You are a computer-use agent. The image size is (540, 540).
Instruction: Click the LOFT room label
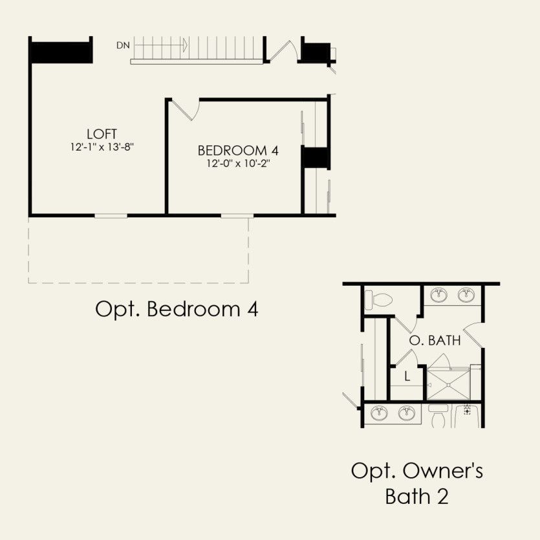pos(102,134)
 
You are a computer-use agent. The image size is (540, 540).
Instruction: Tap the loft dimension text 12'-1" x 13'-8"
pos(102,147)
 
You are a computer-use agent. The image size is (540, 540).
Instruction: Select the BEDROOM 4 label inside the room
pos(238,151)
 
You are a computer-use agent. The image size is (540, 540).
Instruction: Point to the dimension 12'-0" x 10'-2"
pos(238,163)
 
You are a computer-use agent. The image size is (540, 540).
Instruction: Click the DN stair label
pos(123,45)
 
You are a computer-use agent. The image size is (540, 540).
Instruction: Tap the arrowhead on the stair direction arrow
pos(185,45)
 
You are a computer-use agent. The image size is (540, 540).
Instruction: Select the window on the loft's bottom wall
pos(111,216)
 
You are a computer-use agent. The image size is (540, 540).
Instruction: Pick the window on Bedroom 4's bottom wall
pos(237,216)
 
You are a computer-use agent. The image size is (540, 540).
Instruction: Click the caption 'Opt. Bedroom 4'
pos(177,309)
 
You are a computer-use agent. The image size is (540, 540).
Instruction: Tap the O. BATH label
pos(435,340)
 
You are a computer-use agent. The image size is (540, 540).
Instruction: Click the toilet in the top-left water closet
pos(378,299)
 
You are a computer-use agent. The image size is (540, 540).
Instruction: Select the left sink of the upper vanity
pos(439,295)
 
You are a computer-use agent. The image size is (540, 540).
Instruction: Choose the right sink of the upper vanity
pos(466,295)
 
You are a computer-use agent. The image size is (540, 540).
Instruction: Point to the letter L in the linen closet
pos(407,376)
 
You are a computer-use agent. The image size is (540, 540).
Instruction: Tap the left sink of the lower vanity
pos(379,413)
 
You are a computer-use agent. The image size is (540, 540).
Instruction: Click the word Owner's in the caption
pos(443,471)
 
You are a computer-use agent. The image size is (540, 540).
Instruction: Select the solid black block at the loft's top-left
pos(62,52)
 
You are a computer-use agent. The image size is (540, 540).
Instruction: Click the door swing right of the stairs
pos(283,50)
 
